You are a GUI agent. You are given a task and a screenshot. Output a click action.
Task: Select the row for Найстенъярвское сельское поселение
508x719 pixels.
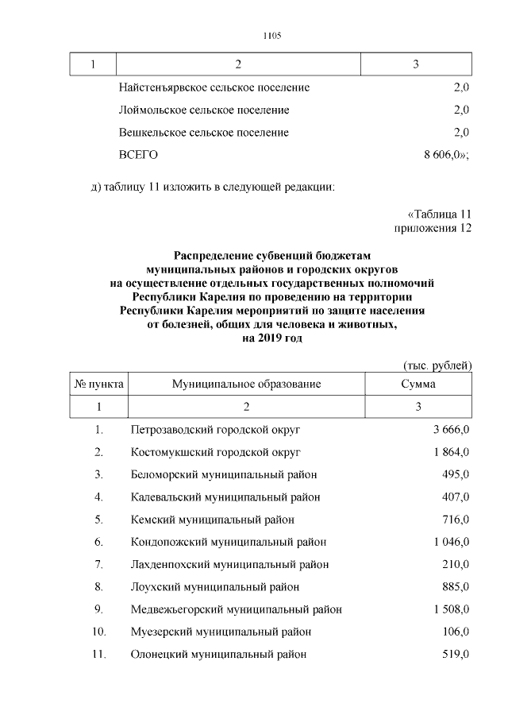point(214,87)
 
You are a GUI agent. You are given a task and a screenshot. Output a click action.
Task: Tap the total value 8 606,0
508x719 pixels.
point(446,155)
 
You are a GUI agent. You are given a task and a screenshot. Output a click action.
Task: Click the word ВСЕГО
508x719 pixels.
point(139,155)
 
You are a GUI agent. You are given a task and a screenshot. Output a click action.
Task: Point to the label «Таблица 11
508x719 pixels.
point(440,215)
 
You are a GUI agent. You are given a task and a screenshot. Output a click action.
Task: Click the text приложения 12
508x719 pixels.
point(433,229)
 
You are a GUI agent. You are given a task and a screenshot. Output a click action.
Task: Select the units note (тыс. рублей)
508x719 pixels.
point(434,365)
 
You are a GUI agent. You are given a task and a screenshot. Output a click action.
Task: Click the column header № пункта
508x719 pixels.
point(98,384)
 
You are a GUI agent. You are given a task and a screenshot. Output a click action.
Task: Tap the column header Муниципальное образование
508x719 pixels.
point(246,384)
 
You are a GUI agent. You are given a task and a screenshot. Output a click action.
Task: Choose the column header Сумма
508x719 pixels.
point(418,384)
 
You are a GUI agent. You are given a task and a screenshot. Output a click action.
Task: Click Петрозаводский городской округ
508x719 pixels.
point(216,430)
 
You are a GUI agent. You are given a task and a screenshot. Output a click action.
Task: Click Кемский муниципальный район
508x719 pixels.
point(213,520)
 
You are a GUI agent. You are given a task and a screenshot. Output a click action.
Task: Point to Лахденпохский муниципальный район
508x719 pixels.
point(229,565)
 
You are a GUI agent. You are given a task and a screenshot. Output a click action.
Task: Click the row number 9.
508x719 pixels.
point(98,609)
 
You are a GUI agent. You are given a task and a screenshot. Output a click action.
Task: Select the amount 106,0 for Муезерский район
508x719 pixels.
point(456,632)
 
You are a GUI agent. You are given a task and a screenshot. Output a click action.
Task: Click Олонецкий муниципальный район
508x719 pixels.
point(218,655)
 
